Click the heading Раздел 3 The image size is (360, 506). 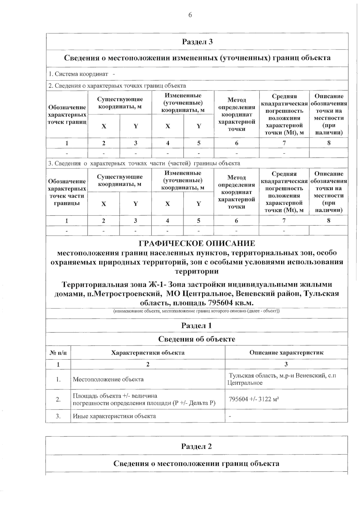pos(197,42)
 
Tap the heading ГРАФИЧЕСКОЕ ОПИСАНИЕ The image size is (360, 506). pos(197,243)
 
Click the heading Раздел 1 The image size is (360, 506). pos(196,326)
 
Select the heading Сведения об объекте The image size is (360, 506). pos(196,339)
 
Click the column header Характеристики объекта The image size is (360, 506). pos(148,353)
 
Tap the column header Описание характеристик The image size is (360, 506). pos(286,353)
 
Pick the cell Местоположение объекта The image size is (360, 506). pos(108,379)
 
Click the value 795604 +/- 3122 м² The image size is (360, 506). pos(252,399)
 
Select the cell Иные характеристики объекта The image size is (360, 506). pos(114,416)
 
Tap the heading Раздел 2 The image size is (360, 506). pos(196,446)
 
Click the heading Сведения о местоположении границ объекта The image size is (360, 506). pos(196,463)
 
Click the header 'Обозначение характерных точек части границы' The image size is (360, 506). pos(67,192)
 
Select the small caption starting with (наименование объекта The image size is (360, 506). pos(196,311)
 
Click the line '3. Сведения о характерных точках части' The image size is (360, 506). pos(144,163)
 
